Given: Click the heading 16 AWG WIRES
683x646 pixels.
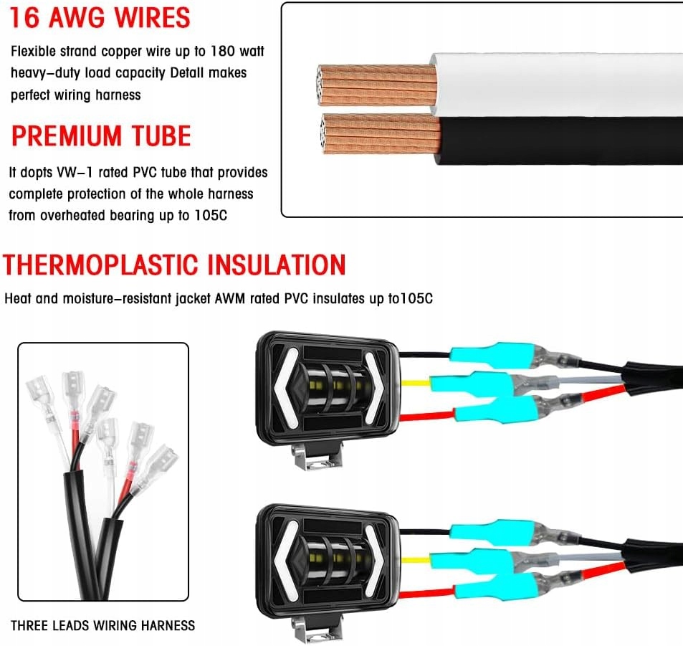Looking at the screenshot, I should point(100,18).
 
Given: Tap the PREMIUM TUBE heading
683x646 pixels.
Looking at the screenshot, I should point(100,136).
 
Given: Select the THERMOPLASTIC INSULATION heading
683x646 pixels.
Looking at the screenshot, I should point(174,265).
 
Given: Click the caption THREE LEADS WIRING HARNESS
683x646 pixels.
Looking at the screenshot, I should point(102,625).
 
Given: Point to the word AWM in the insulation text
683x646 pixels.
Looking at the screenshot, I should point(228,299).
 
